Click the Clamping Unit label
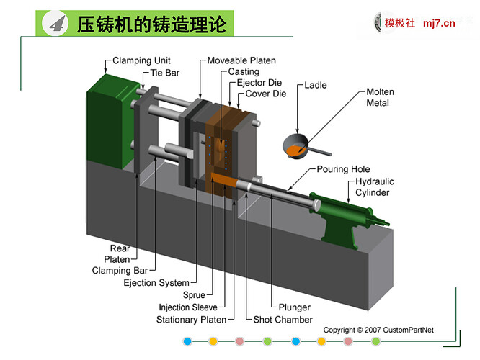pyautogui.click(x=141, y=61)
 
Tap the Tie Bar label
pyautogui.click(x=165, y=73)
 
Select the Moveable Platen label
pyautogui.click(x=241, y=61)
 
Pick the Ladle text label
pyautogui.click(x=315, y=85)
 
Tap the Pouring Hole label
pyautogui.click(x=344, y=170)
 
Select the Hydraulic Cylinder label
pyautogui.click(x=373, y=187)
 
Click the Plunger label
pyautogui.click(x=290, y=307)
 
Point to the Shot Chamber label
pyautogui.click(x=283, y=319)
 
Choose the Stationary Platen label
pyautogui.click(x=191, y=319)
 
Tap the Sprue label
pyautogui.click(x=194, y=295)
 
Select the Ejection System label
pyautogui.click(x=156, y=283)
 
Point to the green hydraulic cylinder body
pyautogui.click(x=346, y=209)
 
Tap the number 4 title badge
pyautogui.click(x=57, y=24)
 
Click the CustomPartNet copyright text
pyautogui.click(x=378, y=330)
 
